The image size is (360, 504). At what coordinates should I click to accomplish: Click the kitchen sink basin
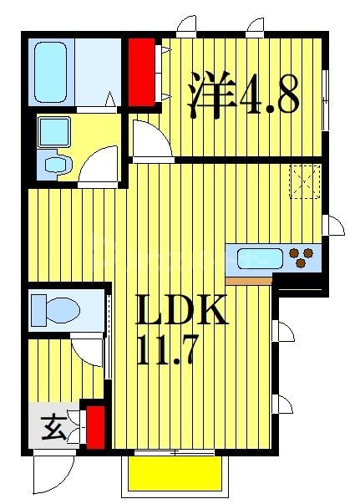(256, 258)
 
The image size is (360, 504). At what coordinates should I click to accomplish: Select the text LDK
(181, 314)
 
